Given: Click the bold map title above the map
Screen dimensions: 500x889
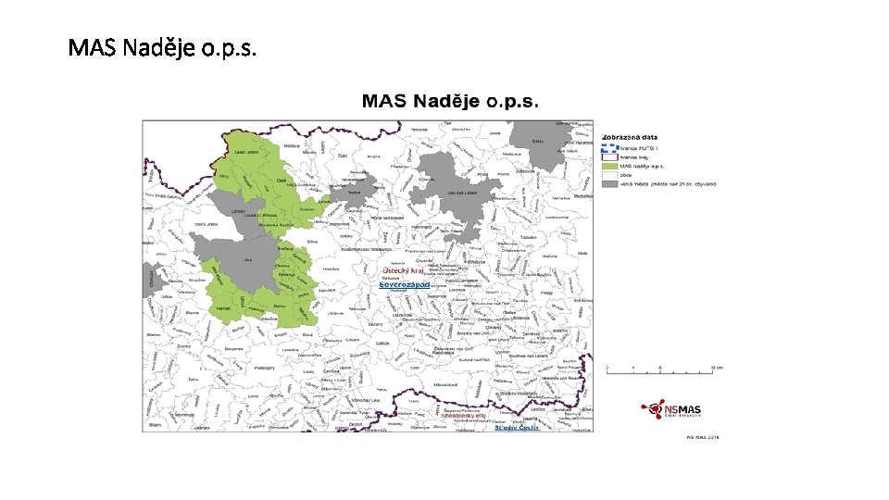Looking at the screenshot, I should [450, 102].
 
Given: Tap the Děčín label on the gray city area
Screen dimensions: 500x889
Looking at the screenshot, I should [538, 142].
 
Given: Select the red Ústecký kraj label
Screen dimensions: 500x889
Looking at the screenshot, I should [403, 270].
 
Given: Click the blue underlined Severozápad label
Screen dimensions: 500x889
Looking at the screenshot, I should [405, 284].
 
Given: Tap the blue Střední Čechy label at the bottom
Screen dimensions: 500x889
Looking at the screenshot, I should [516, 428].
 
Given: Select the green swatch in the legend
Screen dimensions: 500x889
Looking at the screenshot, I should [609, 166].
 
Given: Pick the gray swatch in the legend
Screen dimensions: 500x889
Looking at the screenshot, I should [609, 183].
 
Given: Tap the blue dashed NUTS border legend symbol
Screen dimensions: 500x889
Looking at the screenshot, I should [609, 147].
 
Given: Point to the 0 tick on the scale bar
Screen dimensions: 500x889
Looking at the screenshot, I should [607, 369].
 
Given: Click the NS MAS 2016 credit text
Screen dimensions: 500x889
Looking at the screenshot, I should [701, 438].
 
